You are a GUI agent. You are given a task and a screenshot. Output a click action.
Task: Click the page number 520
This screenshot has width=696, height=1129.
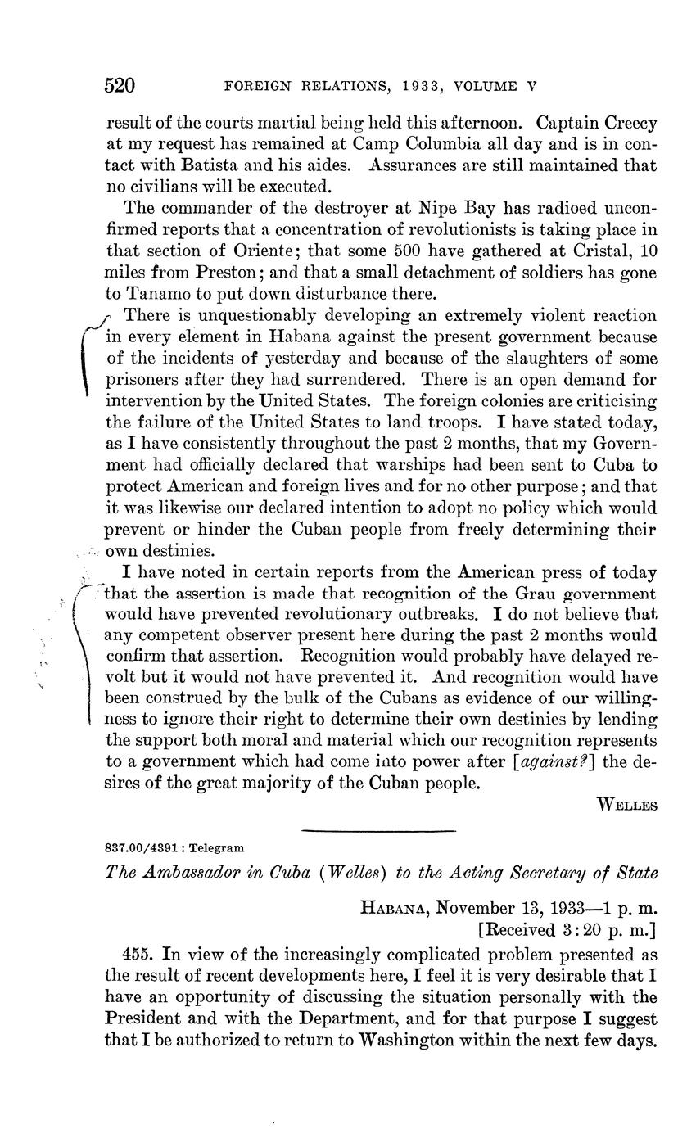click(120, 85)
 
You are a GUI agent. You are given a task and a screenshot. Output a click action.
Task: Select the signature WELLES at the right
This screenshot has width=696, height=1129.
click(627, 806)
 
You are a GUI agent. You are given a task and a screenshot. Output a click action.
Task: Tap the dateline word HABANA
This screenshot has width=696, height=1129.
click(394, 907)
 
